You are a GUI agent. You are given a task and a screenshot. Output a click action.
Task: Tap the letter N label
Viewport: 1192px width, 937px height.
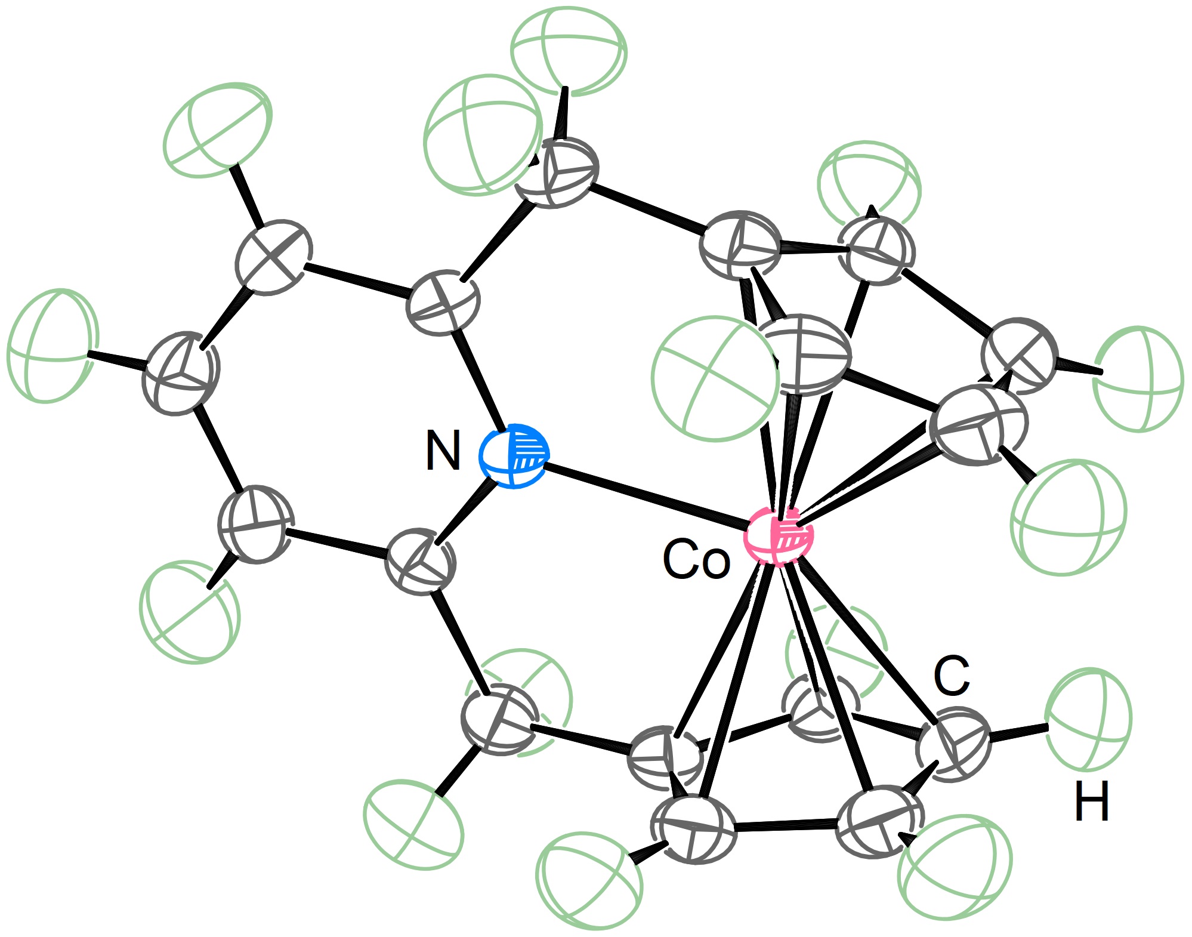[443, 451]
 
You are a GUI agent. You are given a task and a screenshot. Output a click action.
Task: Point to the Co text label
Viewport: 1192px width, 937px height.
[696, 559]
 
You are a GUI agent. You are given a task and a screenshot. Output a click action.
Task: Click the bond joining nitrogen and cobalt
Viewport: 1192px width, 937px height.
[646, 497]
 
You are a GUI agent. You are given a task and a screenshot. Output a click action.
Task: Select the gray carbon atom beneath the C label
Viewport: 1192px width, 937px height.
[953, 744]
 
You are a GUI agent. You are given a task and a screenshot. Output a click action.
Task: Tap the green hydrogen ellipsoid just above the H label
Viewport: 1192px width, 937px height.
[1089, 720]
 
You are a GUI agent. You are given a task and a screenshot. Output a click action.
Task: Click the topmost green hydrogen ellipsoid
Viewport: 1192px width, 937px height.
[569, 51]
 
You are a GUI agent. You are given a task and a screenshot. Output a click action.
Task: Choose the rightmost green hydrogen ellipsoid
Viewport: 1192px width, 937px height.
[1138, 379]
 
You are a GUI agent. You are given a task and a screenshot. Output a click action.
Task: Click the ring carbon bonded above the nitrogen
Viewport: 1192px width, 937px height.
[443, 301]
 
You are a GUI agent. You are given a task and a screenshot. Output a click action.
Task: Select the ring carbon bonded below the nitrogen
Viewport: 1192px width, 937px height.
[421, 561]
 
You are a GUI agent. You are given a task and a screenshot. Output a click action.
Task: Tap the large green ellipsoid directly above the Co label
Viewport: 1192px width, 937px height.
[716, 379]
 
